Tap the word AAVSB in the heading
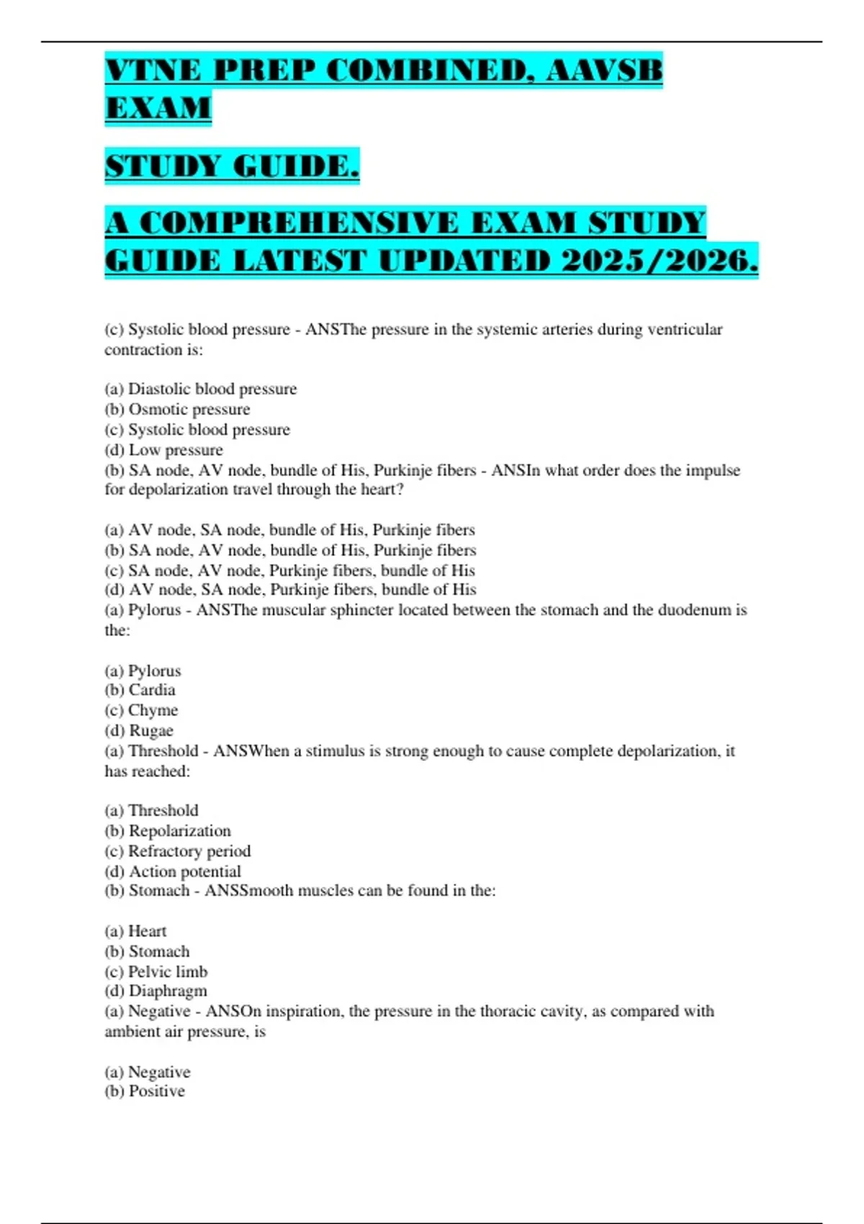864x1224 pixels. coord(604,71)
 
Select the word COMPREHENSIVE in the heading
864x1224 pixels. coord(298,223)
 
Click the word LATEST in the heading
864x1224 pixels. coord(300,261)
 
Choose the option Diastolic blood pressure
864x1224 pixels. coord(212,389)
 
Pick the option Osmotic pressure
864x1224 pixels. coord(189,409)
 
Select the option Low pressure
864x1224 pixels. coord(175,450)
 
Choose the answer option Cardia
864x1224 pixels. coord(151,690)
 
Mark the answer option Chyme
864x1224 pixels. coord(153,710)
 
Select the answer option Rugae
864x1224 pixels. coord(150,730)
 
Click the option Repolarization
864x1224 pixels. coord(179,831)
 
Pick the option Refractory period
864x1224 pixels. coord(189,851)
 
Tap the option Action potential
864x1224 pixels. coord(184,871)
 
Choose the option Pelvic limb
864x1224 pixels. coord(167,971)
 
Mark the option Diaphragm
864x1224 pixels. coord(167,991)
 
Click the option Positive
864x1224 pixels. coord(156,1092)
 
